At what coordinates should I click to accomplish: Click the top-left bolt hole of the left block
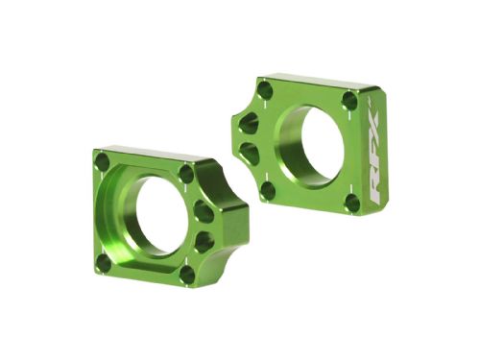coord(103,163)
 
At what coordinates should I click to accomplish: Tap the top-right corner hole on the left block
coord(185,174)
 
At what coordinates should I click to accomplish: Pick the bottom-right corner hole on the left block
coord(187,274)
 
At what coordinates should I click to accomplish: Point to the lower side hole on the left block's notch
coord(203,241)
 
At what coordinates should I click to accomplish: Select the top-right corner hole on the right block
coord(349,100)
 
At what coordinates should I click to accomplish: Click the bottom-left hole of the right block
coord(268,189)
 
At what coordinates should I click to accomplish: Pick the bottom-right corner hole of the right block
coord(352,203)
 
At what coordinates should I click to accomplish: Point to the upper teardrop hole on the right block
coord(247,122)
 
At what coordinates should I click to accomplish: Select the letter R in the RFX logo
coord(374,186)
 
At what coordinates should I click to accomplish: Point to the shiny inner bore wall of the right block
coord(289,144)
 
